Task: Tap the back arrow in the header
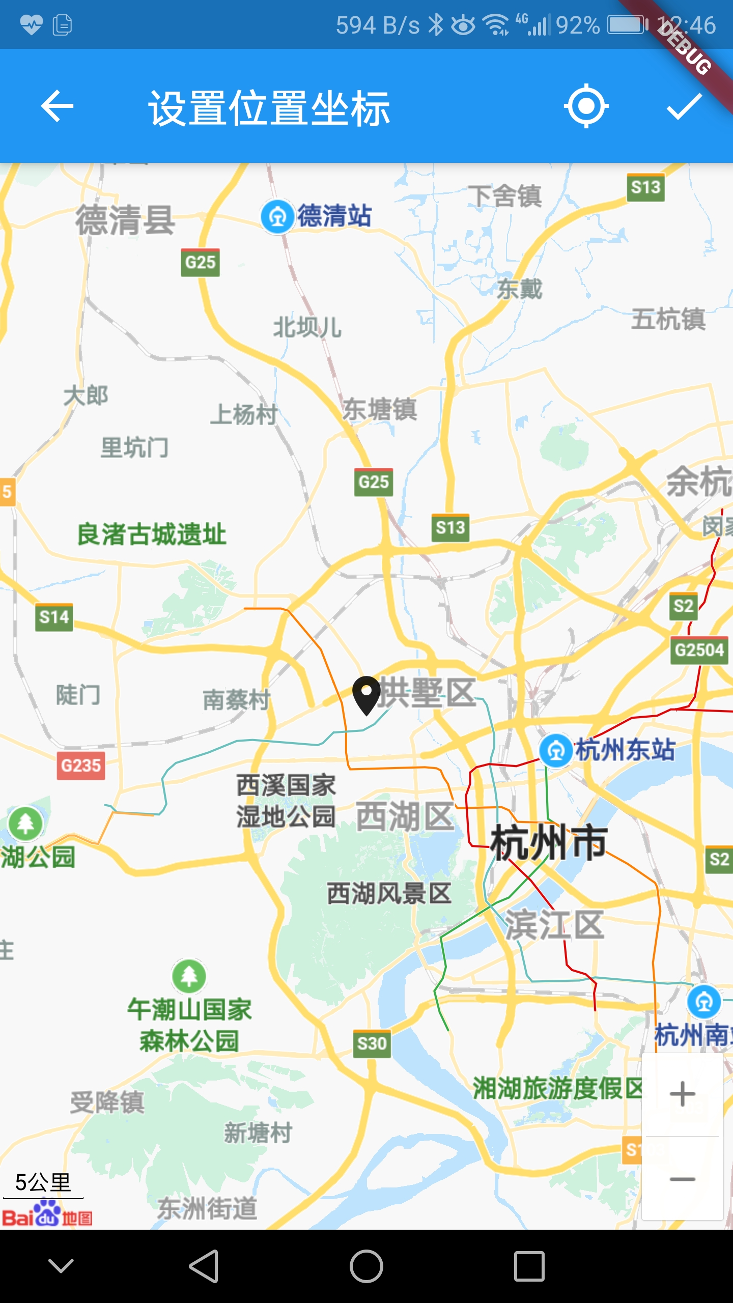(57, 106)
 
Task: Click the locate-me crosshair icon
(586, 106)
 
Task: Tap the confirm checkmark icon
(684, 106)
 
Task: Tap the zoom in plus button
(682, 1094)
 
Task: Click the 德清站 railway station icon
(277, 217)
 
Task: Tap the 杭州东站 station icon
(556, 750)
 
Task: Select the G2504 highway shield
(699, 650)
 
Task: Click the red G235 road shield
(81, 766)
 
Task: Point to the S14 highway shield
(54, 617)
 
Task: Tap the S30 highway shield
(372, 1043)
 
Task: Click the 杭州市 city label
(549, 842)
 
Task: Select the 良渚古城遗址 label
(152, 534)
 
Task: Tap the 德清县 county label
(125, 220)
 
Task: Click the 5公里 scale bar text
(43, 1182)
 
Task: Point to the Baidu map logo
(47, 1213)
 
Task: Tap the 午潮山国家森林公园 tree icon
(189, 976)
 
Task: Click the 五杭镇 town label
(668, 320)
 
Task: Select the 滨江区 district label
(554, 925)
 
